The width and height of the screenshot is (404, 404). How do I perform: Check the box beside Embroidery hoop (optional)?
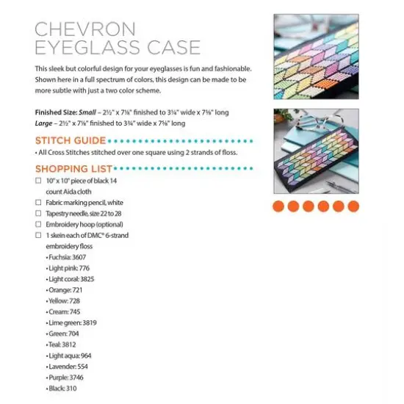(x=38, y=223)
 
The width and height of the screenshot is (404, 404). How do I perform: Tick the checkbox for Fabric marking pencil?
(x=38, y=201)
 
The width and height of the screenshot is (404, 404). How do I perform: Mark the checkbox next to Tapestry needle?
(x=38, y=212)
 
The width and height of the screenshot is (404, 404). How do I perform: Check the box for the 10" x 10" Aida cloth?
(x=38, y=180)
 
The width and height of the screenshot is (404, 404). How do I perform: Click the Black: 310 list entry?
(x=62, y=388)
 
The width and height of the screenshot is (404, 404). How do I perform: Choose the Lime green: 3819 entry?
(x=72, y=322)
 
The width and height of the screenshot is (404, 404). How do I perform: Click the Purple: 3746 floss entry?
(x=65, y=377)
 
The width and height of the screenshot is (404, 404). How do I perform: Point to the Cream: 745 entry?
(x=64, y=311)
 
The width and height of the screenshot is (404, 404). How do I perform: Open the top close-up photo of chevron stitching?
(x=317, y=55)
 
